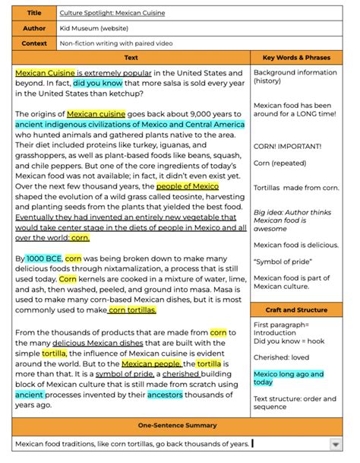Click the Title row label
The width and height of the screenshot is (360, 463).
(34, 13)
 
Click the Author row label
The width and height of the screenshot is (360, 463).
(34, 28)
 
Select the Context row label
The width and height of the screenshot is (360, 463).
(34, 43)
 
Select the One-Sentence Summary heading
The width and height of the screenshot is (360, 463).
(179, 426)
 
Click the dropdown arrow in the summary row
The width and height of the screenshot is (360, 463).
(335, 444)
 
